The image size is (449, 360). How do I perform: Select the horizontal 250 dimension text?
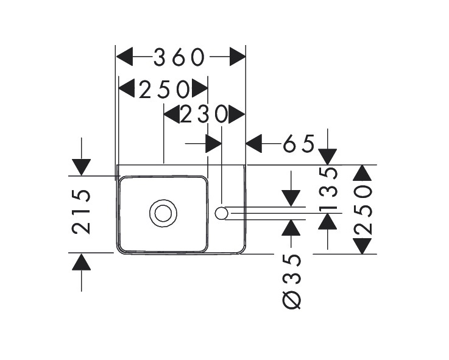[163, 90]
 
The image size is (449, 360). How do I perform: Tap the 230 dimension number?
[203, 114]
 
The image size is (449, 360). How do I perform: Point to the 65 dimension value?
[299, 144]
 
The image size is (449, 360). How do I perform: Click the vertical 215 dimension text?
[82, 211]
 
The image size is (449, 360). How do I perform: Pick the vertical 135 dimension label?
[329, 189]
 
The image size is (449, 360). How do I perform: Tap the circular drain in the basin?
[163, 213]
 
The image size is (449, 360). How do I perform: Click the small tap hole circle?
[222, 213]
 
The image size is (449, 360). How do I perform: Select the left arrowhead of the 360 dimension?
[124, 58]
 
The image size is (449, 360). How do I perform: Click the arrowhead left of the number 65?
[253, 144]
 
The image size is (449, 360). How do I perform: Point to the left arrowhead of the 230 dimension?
[172, 114]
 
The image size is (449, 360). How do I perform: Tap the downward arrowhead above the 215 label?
[81, 167]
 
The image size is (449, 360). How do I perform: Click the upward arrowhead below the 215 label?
[81, 262]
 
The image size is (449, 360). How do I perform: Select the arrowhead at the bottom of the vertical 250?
[363, 246]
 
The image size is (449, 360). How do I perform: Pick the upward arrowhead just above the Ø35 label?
[292, 227]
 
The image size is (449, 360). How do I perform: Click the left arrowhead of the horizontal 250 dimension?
[127, 90]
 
